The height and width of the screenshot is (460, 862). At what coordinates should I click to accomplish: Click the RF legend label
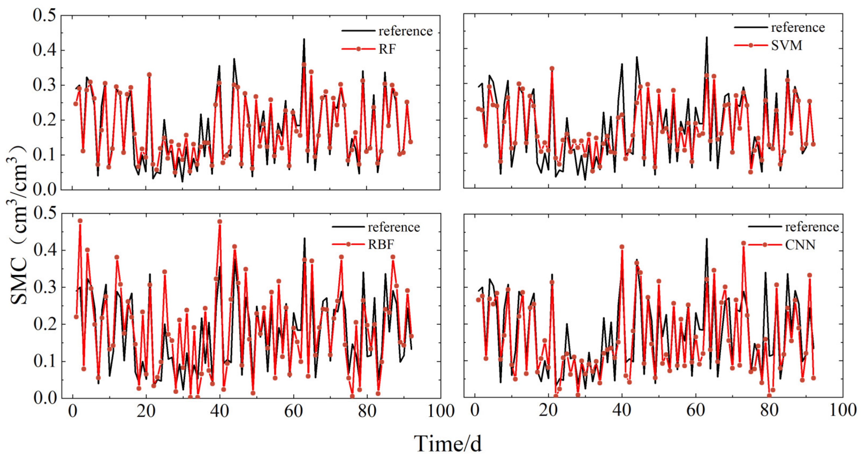[x=387, y=49]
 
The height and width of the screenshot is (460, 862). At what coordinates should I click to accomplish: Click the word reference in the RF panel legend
[x=406, y=31]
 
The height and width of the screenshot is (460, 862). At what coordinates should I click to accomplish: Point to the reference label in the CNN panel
[x=812, y=227]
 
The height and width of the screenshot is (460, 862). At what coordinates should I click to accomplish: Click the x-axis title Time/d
[x=448, y=444]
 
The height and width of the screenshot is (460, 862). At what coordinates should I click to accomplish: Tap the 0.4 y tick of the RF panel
[x=44, y=50]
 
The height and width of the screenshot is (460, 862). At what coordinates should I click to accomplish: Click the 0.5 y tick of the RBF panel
[x=45, y=213]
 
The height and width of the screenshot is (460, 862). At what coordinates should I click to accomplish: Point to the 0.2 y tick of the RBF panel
[x=45, y=324]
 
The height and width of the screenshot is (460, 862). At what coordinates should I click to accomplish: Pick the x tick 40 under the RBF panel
[x=220, y=411]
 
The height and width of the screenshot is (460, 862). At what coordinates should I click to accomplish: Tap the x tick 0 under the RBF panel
[x=73, y=411]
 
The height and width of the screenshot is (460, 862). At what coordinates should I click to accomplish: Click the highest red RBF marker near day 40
[x=220, y=222]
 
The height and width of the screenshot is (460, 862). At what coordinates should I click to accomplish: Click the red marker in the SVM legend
[x=750, y=45]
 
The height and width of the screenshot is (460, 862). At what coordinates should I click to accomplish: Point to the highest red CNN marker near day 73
[x=743, y=243]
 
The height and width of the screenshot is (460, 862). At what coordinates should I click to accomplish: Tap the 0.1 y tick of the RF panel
[x=44, y=155]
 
